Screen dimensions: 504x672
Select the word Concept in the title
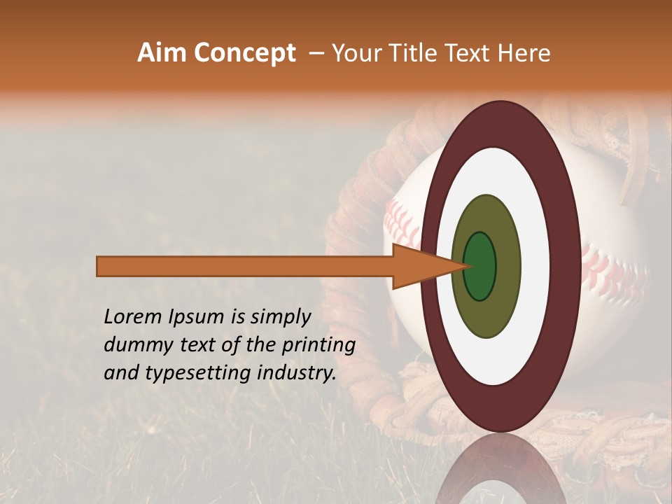coord(244,52)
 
